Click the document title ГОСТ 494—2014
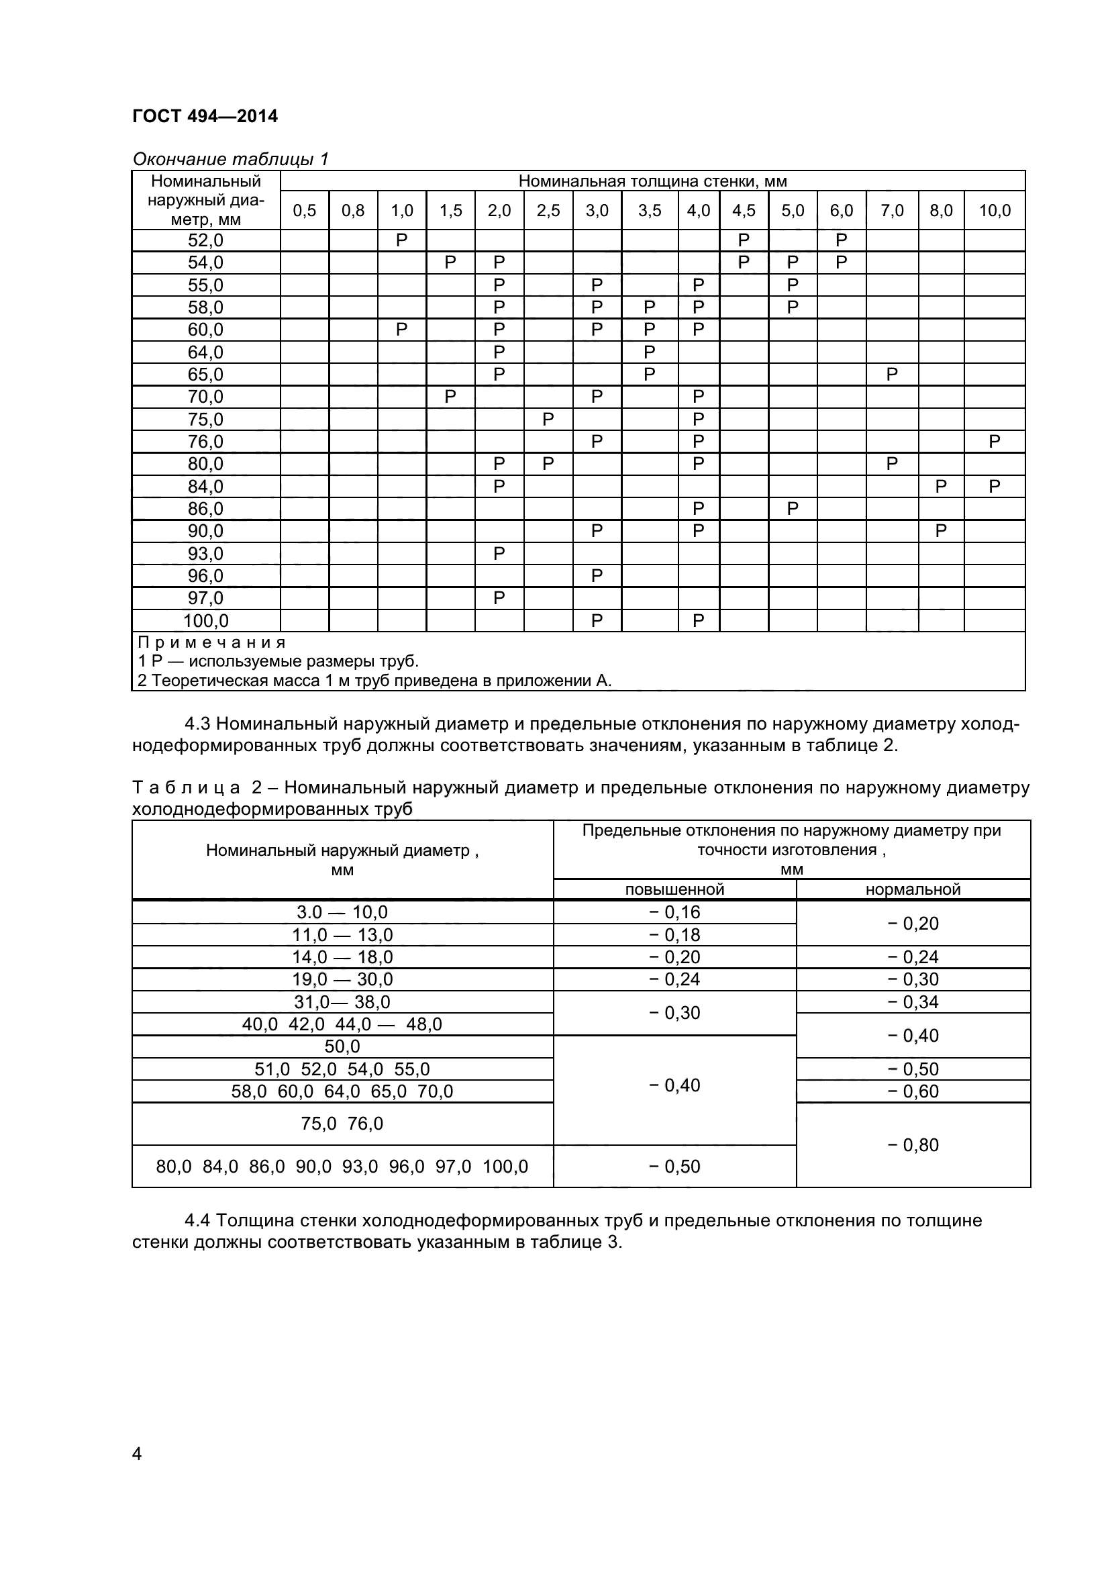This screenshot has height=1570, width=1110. (x=205, y=116)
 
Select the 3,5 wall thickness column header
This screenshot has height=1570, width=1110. (x=650, y=211)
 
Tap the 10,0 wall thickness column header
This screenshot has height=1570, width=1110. (x=995, y=211)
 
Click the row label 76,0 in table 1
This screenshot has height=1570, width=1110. (x=206, y=442)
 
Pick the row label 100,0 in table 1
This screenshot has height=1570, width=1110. (x=206, y=621)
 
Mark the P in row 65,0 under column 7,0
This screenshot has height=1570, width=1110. (x=891, y=374)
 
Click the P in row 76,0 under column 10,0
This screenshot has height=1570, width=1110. (x=994, y=442)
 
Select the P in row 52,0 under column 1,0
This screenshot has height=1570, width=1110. (x=401, y=240)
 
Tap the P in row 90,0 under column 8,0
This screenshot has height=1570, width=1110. (x=940, y=532)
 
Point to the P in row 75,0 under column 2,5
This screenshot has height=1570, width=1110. (x=548, y=419)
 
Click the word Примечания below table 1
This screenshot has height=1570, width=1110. (x=211, y=643)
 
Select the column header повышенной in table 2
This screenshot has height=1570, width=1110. (x=674, y=889)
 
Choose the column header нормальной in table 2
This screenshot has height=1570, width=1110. (x=913, y=889)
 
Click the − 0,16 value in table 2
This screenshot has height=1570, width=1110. (x=674, y=912)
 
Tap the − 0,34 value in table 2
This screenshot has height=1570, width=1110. (x=913, y=1001)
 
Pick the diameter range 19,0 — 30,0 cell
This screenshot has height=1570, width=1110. (x=342, y=979)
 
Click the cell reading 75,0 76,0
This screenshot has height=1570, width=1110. (x=342, y=1124)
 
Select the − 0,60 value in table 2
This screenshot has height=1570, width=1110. (x=913, y=1091)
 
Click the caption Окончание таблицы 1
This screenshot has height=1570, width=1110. (x=230, y=159)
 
